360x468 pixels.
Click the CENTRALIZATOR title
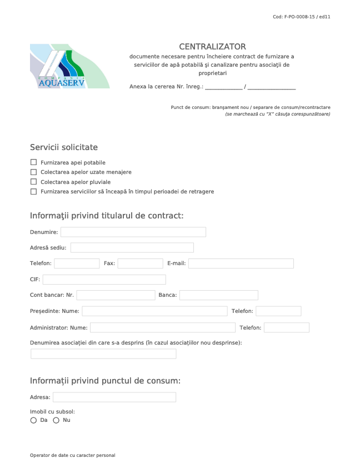pos(212,47)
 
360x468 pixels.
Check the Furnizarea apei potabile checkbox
pos(33,162)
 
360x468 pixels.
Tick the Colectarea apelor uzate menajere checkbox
pos(33,172)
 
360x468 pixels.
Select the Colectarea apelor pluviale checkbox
pos(33,182)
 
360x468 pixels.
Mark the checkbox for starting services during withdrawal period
pos(33,191)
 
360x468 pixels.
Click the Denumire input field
pos(133,232)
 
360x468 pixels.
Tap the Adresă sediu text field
pos(132,248)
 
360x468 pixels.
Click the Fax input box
pos(140,263)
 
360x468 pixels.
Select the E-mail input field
pos(241,263)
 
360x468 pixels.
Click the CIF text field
pos(104,280)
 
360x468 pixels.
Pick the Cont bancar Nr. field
pos(116,295)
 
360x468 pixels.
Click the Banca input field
pos(218,295)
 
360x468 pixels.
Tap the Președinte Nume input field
pos(154,311)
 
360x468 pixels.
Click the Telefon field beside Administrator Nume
pos(286,328)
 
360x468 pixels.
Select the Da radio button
pos(33,420)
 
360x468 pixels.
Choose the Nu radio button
pos(56,420)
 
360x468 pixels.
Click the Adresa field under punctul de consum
pos(114,397)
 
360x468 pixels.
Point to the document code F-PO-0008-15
pos(302,17)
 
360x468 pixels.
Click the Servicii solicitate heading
pos(64,147)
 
